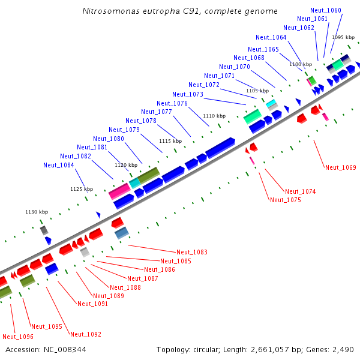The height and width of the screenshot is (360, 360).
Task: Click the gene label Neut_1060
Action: [x=326, y=11]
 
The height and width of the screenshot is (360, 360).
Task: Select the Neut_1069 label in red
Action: [x=341, y=167]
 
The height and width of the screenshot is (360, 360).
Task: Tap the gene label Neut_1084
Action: [x=59, y=165]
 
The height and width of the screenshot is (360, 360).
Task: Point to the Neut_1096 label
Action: [x=18, y=337]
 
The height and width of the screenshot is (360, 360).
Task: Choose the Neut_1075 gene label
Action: [x=286, y=200]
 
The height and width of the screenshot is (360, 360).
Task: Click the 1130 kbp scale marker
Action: [x=36, y=212]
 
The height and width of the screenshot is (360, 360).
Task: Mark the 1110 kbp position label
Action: [x=214, y=116]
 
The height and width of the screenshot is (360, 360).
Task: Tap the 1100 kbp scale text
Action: [x=301, y=64]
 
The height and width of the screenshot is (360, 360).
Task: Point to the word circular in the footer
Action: [x=208, y=349]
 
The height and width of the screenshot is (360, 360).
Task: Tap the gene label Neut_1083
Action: [x=192, y=252]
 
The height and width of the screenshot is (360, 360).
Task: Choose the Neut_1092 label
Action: [x=86, y=334]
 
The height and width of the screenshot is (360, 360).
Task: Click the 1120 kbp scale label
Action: [x=126, y=164]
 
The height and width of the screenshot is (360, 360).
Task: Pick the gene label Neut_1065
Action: [x=263, y=49]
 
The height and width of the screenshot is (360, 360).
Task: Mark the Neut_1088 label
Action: [x=125, y=287]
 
